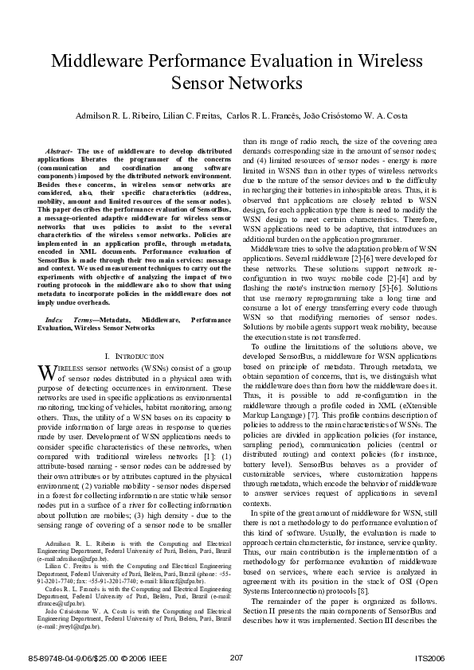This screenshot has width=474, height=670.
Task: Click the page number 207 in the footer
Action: pyautogui.click(x=236, y=656)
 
